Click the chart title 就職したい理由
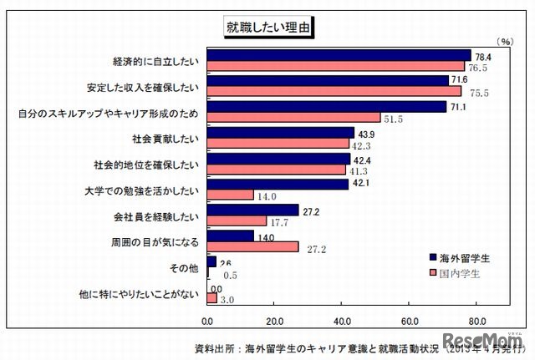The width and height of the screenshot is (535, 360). click(x=267, y=27)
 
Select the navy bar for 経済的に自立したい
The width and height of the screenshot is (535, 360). click(x=339, y=55)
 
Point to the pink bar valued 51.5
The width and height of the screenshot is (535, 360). click(x=293, y=117)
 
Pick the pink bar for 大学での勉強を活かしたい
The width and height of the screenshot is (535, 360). click(x=230, y=195)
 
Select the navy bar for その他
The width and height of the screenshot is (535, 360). click(x=211, y=261)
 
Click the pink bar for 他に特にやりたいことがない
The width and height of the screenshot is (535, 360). click(x=212, y=298)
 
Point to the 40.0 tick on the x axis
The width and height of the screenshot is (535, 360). click(x=342, y=320)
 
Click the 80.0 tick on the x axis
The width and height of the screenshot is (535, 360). click(x=477, y=320)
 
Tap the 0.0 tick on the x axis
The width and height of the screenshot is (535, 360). click(x=207, y=320)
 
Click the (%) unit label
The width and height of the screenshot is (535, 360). click(x=504, y=40)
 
